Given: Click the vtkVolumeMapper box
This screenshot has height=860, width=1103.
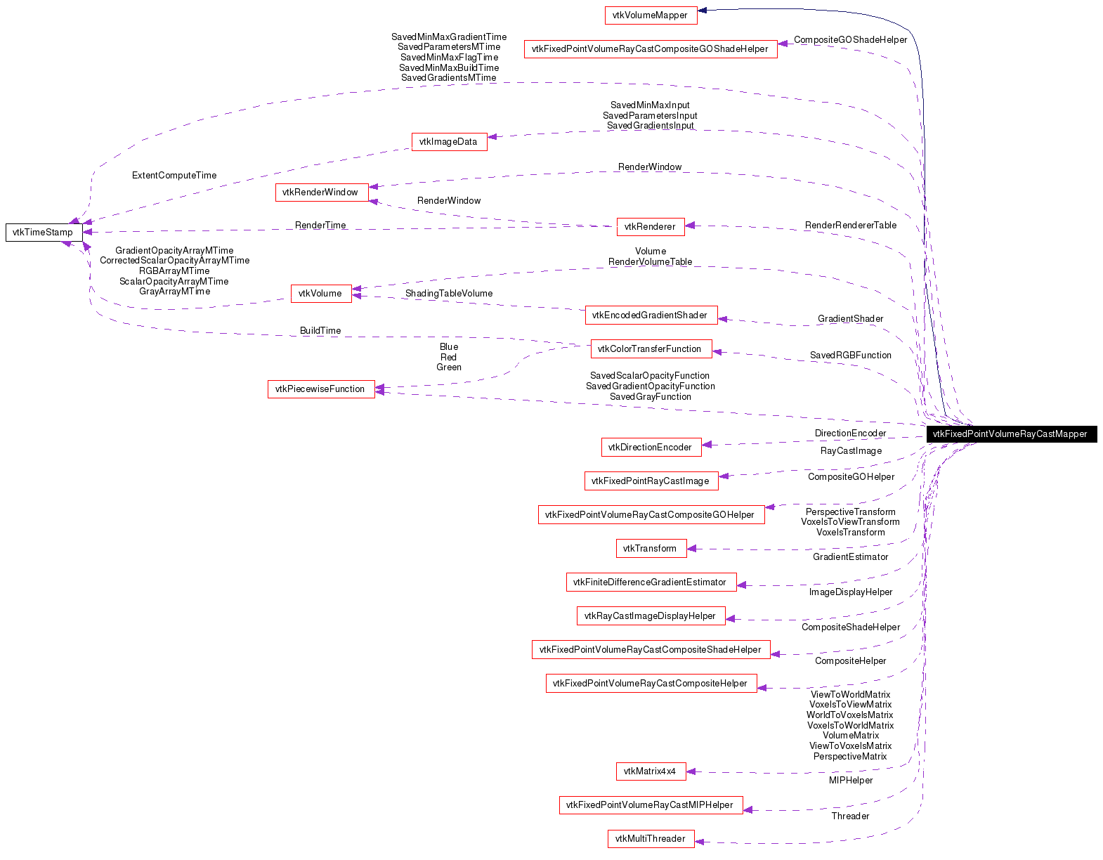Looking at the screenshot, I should pyautogui.click(x=651, y=15).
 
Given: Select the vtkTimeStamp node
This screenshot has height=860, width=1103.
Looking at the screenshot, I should pyautogui.click(x=44, y=232).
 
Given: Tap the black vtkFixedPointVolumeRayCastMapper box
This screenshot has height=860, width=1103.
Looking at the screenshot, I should pyautogui.click(x=1011, y=434).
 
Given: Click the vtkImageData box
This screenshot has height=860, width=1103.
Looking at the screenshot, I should pyautogui.click(x=448, y=141).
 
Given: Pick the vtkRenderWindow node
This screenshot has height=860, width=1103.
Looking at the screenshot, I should pyautogui.click(x=320, y=192).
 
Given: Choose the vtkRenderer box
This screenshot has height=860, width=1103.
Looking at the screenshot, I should pyautogui.click(x=650, y=226).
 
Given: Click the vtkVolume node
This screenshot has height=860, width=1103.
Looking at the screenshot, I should pyautogui.click(x=320, y=293).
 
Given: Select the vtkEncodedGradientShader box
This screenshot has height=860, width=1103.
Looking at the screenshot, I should pyautogui.click(x=650, y=315).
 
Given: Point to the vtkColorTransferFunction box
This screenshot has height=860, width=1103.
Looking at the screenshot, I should pyautogui.click(x=650, y=348).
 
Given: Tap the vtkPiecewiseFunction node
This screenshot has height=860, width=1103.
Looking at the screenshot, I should pyautogui.click(x=320, y=389).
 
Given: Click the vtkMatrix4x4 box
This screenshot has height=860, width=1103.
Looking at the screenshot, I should pyautogui.click(x=650, y=771).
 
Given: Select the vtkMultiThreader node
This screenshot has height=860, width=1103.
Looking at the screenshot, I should pyautogui.click(x=650, y=838).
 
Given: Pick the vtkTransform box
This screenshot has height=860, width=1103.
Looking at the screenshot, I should pyautogui.click(x=650, y=548).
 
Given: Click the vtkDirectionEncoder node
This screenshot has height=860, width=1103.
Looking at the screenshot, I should pyautogui.click(x=650, y=447).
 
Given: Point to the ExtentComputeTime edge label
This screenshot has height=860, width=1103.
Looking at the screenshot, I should pyautogui.click(x=174, y=175).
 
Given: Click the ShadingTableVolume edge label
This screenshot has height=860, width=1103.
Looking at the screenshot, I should pyautogui.click(x=449, y=293).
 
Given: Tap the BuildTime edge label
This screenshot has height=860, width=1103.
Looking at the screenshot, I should pyautogui.click(x=320, y=330).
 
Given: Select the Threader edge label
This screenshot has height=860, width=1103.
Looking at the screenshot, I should pyautogui.click(x=850, y=816).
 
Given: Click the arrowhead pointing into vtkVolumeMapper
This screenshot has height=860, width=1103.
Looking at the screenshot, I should pyautogui.click(x=702, y=10).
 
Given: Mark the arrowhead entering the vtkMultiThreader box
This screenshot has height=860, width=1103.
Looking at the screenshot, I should pyautogui.click(x=700, y=841).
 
